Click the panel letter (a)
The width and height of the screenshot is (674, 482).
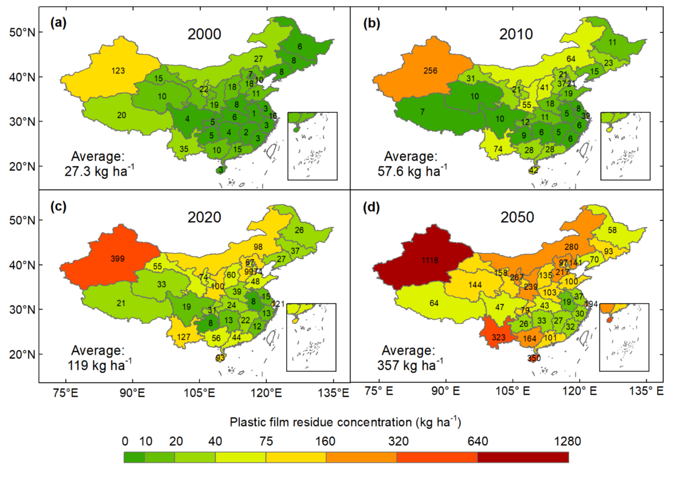click(x=58, y=23)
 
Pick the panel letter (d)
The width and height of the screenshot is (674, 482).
click(x=372, y=209)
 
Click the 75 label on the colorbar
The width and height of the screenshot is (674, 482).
click(x=265, y=442)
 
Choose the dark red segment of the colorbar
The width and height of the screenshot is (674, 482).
click(x=523, y=457)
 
